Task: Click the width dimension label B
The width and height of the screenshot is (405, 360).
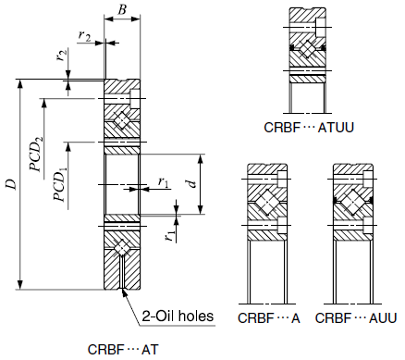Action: (122, 10)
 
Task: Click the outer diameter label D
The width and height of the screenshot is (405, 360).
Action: (12, 184)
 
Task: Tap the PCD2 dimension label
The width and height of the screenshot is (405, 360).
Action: (36, 154)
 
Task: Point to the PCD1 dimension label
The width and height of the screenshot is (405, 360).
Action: (60, 184)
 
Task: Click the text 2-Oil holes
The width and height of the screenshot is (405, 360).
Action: (178, 317)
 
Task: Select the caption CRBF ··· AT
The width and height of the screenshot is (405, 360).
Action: (123, 350)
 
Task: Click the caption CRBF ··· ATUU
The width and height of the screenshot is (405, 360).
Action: (309, 128)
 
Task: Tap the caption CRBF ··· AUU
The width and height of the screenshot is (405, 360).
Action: (356, 318)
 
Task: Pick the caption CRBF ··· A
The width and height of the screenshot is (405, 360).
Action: (269, 318)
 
